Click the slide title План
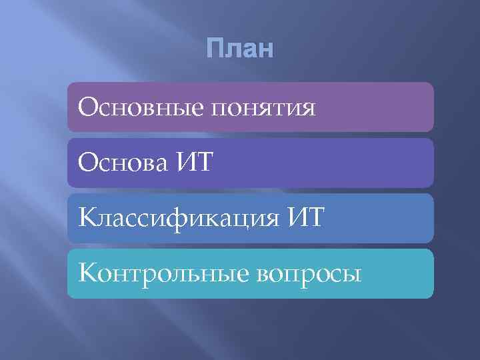[240, 49]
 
